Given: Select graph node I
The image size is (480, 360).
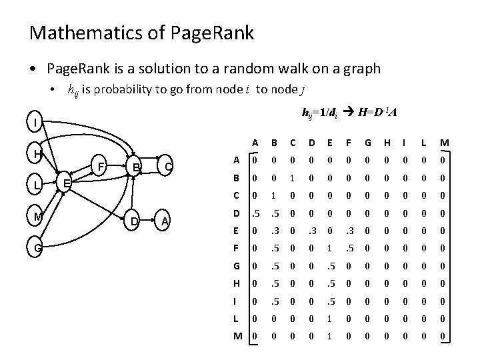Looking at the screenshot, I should tap(35, 123).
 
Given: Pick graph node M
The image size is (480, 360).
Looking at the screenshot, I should tap(37, 216).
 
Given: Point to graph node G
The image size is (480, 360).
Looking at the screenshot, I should tap(37, 247).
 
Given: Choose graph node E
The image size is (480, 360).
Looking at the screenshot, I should tap(65, 183).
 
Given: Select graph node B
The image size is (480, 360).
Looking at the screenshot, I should tap(135, 165).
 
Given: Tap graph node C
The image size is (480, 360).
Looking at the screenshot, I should tap(168, 165).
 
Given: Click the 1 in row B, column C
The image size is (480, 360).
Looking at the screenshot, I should tap(291, 179).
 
